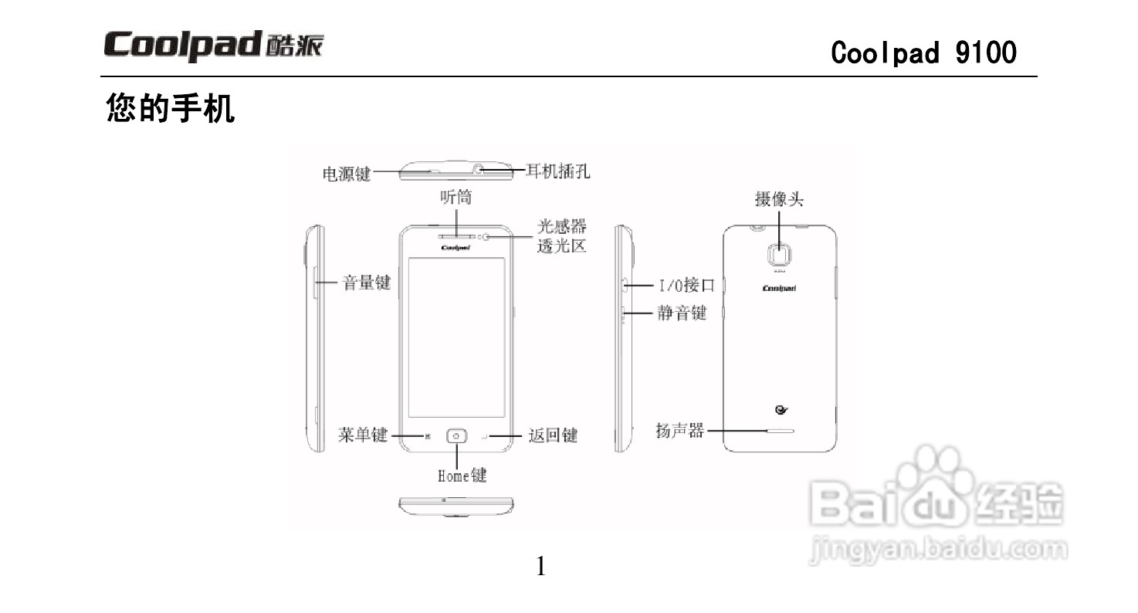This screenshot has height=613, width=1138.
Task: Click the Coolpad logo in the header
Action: point(214,46)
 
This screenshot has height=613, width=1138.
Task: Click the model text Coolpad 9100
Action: point(923,52)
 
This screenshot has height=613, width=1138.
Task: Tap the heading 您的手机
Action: point(170,109)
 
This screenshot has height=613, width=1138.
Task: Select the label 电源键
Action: point(346,174)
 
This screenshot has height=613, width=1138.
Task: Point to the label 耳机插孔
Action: point(557,171)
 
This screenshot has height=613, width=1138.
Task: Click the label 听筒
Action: point(456,198)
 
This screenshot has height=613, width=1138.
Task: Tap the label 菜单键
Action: point(363,435)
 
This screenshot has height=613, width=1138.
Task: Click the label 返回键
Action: point(553,435)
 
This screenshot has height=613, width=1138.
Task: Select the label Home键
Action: point(462,476)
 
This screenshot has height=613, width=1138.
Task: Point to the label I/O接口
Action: point(686,286)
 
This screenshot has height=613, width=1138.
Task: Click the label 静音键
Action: point(682,313)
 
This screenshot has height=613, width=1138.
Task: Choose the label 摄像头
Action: point(779,200)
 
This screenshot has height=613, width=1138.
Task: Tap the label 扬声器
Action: point(680,431)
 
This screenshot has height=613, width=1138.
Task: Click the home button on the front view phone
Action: point(456,436)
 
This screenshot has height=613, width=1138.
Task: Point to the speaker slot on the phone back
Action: point(780,431)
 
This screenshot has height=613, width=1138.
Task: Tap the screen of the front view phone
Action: point(456,337)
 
